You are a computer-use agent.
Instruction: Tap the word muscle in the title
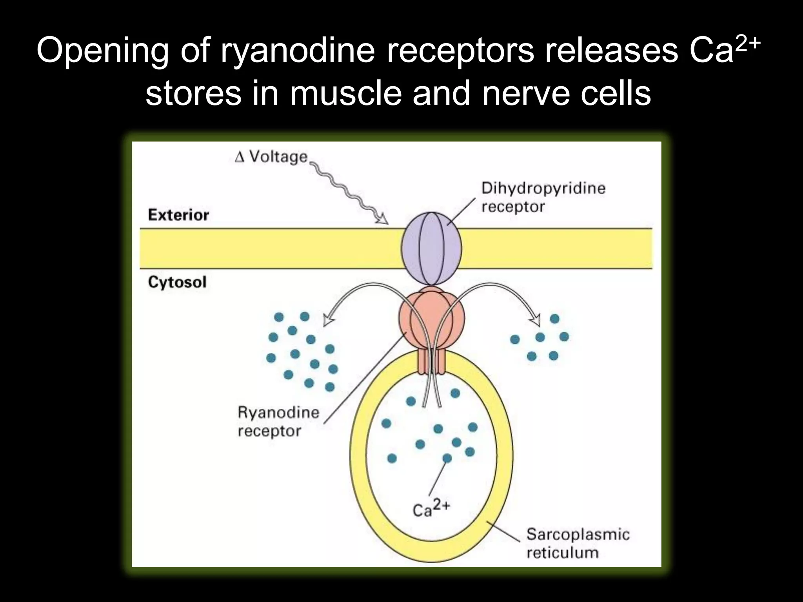[x=346, y=94]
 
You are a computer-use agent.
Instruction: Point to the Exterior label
[x=178, y=215]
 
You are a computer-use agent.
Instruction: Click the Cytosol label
[x=177, y=282]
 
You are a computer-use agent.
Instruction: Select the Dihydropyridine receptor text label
[x=543, y=197]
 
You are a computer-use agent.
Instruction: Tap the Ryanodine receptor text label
[x=278, y=422]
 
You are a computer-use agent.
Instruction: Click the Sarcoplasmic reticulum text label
[x=578, y=543]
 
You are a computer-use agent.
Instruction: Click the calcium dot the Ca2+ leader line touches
[x=447, y=458]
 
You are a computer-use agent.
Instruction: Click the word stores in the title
[x=193, y=94]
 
